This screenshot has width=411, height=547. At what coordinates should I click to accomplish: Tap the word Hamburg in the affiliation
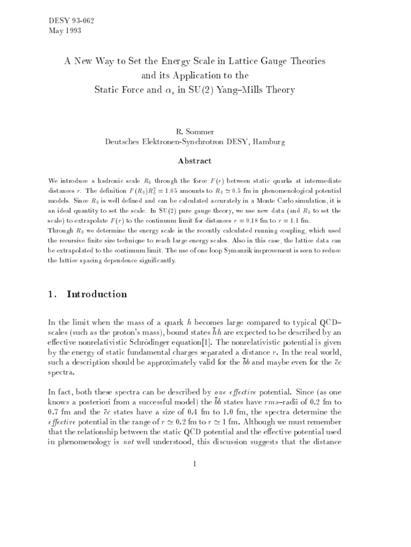[269, 142]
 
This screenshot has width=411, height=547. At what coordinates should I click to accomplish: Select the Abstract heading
[195, 161]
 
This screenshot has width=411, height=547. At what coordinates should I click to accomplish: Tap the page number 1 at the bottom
[195, 464]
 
